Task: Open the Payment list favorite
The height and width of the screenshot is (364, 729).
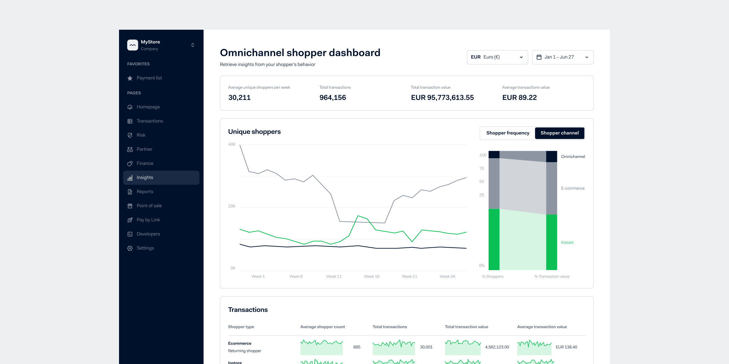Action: click(x=149, y=78)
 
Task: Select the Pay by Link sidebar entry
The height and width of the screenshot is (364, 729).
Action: click(x=148, y=220)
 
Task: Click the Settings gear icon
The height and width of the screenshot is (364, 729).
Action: click(x=130, y=248)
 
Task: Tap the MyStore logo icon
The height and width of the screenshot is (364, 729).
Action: click(x=132, y=45)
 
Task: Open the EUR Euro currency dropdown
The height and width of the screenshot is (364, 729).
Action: click(x=497, y=57)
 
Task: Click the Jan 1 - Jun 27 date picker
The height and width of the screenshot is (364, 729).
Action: click(x=562, y=57)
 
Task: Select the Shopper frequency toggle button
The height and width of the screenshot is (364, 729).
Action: click(x=507, y=133)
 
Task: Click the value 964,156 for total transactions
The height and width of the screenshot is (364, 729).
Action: click(x=333, y=97)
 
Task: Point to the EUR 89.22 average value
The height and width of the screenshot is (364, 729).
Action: click(x=519, y=97)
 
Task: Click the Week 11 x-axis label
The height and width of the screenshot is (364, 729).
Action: click(x=334, y=276)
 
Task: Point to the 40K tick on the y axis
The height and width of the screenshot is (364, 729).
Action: click(x=232, y=145)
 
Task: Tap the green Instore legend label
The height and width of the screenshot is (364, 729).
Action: click(x=567, y=242)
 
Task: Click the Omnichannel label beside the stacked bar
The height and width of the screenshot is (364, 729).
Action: click(x=573, y=157)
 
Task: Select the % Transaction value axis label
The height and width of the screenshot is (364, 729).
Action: click(x=551, y=276)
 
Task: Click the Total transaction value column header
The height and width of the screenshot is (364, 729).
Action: click(x=466, y=327)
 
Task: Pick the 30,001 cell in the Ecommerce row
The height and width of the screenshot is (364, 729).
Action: click(x=426, y=347)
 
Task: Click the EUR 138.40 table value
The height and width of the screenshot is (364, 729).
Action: click(x=566, y=347)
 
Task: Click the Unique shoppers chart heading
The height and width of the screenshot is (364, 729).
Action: click(x=254, y=132)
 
